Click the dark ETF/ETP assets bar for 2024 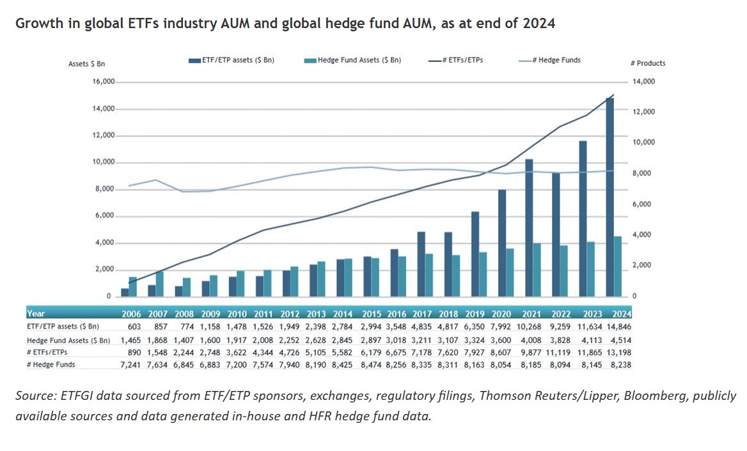[610, 197]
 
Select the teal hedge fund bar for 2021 [537, 270]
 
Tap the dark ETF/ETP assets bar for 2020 [503, 243]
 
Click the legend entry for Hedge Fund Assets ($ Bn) [352, 60]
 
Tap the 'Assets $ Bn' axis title [86, 64]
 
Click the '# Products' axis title [648, 63]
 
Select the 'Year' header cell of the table [36, 314]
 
